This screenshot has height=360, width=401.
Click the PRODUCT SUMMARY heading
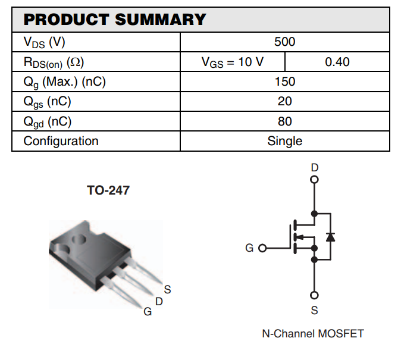tap(114, 20)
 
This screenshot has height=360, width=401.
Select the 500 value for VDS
tap(284, 42)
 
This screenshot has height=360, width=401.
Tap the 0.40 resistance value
tap(337, 62)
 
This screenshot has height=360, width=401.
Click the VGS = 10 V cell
tap(232, 62)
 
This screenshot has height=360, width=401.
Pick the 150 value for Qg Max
tap(284, 82)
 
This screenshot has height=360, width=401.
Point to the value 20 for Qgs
tap(284, 102)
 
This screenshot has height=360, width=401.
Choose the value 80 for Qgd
tap(284, 121)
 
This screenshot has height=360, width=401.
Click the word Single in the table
tap(284, 141)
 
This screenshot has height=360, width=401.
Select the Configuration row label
tap(61, 141)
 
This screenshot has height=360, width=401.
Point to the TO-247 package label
tap(108, 191)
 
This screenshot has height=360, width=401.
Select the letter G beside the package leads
tap(147, 312)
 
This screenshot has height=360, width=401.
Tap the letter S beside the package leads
tap(168, 290)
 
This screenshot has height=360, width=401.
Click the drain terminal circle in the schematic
tap(315, 179)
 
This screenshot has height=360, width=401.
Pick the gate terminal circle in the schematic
tap(262, 248)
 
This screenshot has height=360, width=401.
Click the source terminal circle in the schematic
tap(315, 295)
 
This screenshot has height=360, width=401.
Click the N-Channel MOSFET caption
tap(312, 333)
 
